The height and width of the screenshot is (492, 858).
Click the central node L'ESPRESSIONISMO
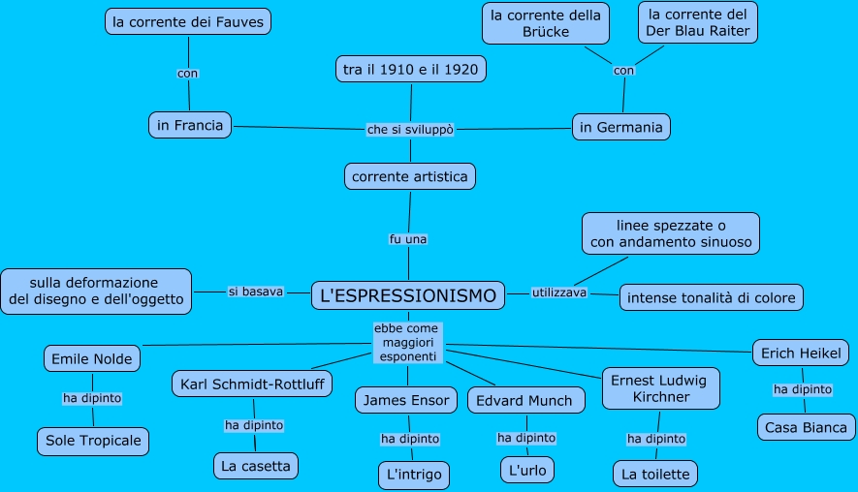pos(408,295)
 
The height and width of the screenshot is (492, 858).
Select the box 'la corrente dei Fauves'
pos(188,20)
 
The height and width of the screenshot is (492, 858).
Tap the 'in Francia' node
pos(190,125)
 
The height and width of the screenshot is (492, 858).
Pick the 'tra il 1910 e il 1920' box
pos(410,70)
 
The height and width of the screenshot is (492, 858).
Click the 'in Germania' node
pos(620,127)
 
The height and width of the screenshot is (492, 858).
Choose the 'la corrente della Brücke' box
pos(546,23)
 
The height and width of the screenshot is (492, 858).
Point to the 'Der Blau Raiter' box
pos(698,22)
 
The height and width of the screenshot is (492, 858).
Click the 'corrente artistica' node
pos(410,176)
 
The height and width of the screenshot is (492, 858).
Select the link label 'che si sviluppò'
pos(410,129)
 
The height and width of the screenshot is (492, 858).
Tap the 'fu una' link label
pos(408,238)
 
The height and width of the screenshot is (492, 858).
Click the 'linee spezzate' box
pos(671,233)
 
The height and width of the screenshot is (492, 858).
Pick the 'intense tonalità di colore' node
pos(712,297)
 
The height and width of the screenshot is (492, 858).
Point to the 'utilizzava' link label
pos(559,292)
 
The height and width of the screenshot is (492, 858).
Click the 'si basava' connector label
pos(256,291)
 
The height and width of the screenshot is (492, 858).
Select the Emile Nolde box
pos(92,359)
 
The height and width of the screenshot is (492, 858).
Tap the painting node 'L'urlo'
pos(528,471)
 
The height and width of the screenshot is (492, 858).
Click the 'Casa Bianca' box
pos(806,427)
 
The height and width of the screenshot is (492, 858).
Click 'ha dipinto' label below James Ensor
pos(410,439)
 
